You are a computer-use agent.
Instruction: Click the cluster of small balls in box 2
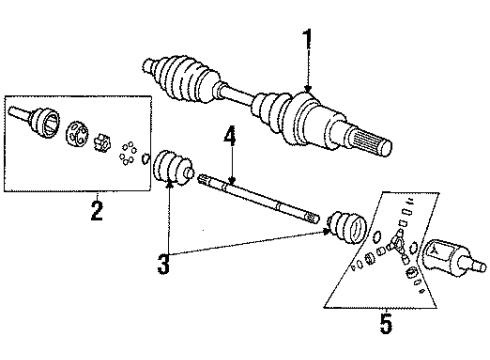127,155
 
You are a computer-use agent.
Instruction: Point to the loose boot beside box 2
171,167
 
